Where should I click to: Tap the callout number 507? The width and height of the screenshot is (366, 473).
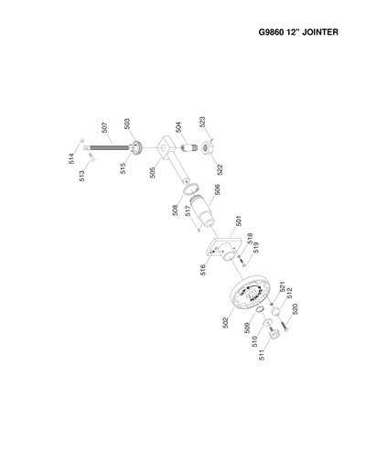click(x=106, y=129)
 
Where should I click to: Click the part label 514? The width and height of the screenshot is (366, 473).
click(x=72, y=158)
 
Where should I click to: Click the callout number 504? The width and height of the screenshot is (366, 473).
click(x=178, y=127)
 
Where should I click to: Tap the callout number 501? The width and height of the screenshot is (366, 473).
click(x=238, y=221)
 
